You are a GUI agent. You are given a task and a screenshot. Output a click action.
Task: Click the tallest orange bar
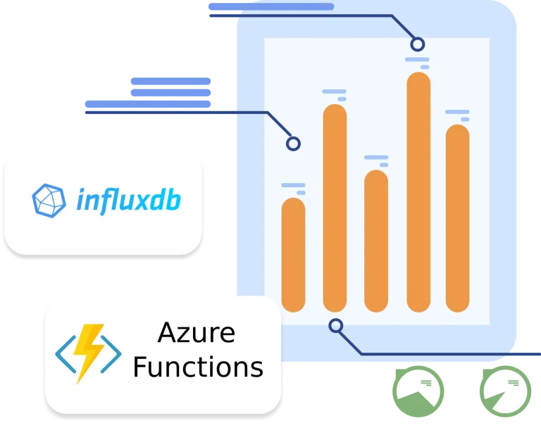tap(418, 191)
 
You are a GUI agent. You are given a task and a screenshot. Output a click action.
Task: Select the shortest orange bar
tap(293, 255)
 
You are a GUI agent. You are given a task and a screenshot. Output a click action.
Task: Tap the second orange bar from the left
tap(335, 208)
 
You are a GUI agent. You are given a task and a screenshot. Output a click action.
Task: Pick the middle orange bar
tap(376, 241)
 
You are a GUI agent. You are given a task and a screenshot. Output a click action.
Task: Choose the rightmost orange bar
tap(457, 218)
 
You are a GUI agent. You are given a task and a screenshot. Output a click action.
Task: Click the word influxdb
tap(128, 200)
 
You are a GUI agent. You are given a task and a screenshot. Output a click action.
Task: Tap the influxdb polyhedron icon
tap(49, 201)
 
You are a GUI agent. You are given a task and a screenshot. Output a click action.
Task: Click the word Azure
tap(197, 333)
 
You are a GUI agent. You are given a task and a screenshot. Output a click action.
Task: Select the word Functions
tap(198, 367)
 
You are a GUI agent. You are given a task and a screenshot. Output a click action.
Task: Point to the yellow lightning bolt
tap(88, 353)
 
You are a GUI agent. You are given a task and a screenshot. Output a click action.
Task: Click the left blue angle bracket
tap(66, 354)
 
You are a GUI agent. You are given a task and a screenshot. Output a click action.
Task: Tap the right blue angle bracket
tap(111, 354)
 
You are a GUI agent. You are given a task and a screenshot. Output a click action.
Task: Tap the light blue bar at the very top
tap(271, 6)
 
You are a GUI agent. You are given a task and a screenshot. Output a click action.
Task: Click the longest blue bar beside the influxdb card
tap(148, 104)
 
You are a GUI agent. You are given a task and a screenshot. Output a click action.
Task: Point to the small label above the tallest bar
tap(418, 63)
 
